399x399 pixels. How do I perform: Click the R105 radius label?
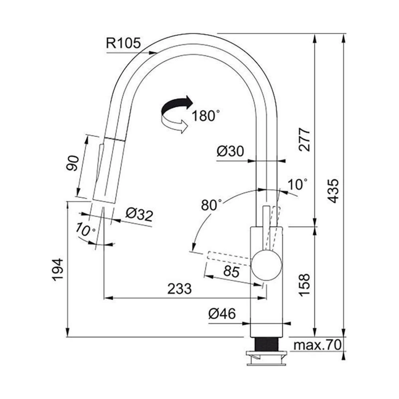[x=123, y=43]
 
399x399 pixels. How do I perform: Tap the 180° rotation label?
[x=205, y=116]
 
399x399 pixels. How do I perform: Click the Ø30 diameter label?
[x=230, y=151]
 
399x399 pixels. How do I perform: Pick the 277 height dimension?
[x=304, y=140]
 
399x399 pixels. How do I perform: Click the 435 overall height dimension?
[x=333, y=191]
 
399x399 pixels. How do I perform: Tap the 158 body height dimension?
[x=304, y=285]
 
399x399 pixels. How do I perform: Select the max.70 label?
[x=317, y=345]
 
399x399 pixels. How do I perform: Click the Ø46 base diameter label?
[x=222, y=314]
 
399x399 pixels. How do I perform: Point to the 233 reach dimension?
[x=180, y=288]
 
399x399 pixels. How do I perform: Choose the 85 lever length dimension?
[x=231, y=271]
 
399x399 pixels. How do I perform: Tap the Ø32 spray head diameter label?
[x=139, y=215]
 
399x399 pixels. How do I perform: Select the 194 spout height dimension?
[x=58, y=270]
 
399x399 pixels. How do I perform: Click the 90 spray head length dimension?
[x=73, y=163]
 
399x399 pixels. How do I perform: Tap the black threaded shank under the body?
[x=267, y=344]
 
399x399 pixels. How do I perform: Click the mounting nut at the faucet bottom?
[x=267, y=358]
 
